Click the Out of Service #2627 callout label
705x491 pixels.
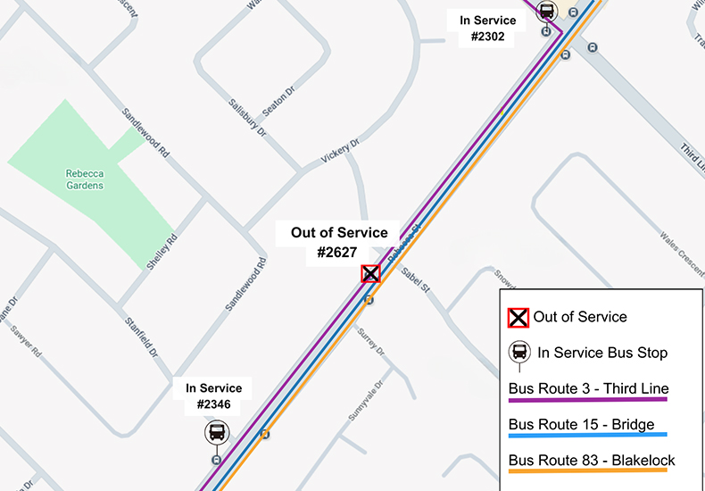(x=339, y=243)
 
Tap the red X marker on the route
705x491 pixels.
(x=370, y=274)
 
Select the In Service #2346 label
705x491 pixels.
(x=214, y=397)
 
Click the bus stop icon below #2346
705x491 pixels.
(x=217, y=434)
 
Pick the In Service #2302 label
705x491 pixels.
(x=487, y=29)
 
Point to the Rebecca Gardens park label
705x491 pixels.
(x=85, y=179)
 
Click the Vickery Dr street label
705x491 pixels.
(x=341, y=152)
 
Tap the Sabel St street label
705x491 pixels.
(x=416, y=280)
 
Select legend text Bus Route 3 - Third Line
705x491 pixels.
(x=588, y=389)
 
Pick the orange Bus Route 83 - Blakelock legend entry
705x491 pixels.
(x=592, y=461)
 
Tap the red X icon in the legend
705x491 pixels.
(x=518, y=318)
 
